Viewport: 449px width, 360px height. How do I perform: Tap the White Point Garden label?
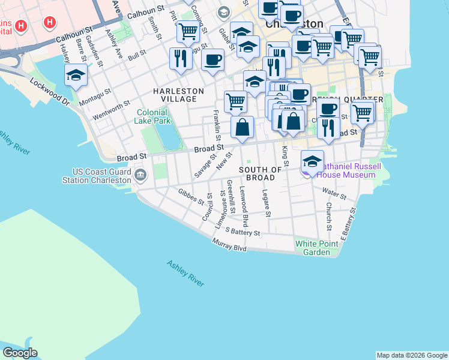click(x=312, y=248)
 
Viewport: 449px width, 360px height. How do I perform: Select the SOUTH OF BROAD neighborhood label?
click(x=261, y=174)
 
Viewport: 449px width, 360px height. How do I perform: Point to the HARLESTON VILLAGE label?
click(x=178, y=95)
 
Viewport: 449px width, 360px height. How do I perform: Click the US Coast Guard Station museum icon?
click(x=140, y=175)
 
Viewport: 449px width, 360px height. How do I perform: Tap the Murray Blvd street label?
click(x=229, y=245)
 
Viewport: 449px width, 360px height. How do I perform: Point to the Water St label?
click(x=334, y=194)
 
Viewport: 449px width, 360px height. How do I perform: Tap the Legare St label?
click(x=267, y=203)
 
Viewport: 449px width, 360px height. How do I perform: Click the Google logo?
click(x=20, y=353)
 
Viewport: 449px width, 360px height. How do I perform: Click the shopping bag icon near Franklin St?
click(x=242, y=127)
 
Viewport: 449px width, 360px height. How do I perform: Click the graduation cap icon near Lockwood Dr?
click(x=76, y=75)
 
